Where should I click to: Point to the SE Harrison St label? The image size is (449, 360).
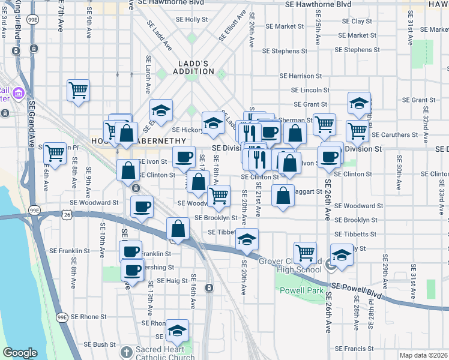pyautogui.click(x=301, y=76)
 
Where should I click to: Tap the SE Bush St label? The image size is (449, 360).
pyautogui.click(x=99, y=344)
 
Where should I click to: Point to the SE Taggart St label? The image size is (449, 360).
pyautogui.click(x=312, y=191)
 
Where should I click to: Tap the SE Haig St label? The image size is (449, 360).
pyautogui.click(x=172, y=280)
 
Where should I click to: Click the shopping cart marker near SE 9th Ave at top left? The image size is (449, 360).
pyautogui.click(x=79, y=91)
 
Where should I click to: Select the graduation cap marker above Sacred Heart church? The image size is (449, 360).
pyautogui.click(x=177, y=330)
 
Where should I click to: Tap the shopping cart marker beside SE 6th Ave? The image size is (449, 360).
pyautogui.click(x=55, y=153)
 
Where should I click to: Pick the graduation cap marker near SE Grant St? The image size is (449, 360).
pyautogui.click(x=359, y=103)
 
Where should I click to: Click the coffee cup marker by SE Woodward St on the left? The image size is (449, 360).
pyautogui.click(x=142, y=208)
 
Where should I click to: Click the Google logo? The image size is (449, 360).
pyautogui.click(x=20, y=353)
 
